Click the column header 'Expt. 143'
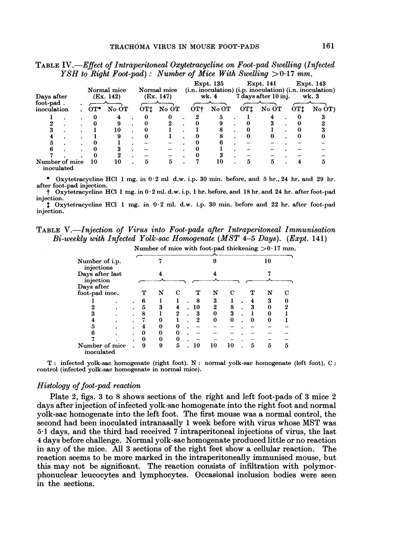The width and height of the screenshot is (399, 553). click(315, 84)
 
